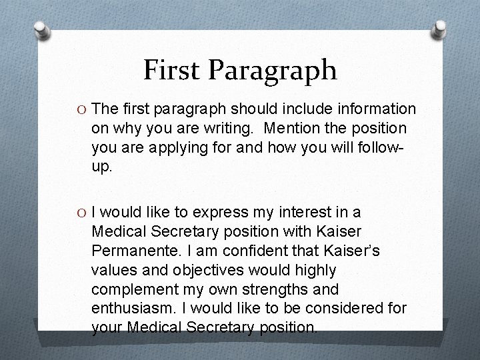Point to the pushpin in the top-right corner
439,29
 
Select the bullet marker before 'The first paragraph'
80,109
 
